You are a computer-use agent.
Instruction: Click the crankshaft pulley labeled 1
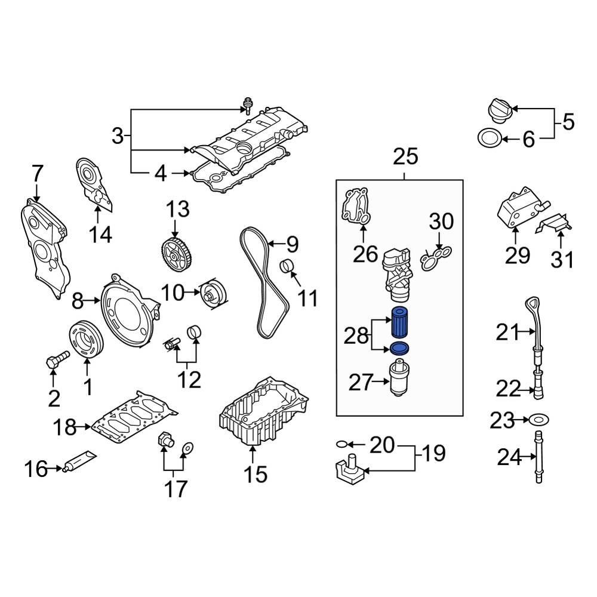(x=87, y=338)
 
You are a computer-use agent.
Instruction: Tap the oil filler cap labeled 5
(x=497, y=111)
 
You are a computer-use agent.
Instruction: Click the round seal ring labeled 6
(x=489, y=139)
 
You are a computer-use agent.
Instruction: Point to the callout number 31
(x=562, y=260)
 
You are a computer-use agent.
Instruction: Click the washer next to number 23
(x=539, y=421)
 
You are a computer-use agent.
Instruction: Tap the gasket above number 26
(x=356, y=209)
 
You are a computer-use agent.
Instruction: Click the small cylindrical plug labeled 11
(x=289, y=267)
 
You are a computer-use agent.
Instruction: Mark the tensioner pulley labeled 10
(x=211, y=293)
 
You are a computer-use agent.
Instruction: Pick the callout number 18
(x=65, y=427)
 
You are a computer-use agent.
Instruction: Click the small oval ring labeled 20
(x=341, y=444)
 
